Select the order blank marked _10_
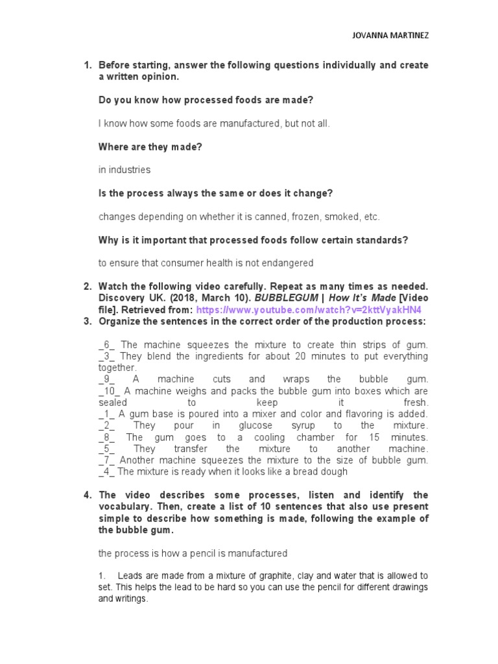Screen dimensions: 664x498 (110, 391)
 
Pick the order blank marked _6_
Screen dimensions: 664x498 (107, 344)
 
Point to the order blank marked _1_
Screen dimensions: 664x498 (107, 414)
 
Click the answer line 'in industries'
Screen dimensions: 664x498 (124, 170)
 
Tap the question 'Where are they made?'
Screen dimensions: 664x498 (150, 147)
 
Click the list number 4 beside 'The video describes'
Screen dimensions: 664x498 (87, 495)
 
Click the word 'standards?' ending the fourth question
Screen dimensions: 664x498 (384, 240)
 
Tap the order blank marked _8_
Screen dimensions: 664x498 (107, 437)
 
